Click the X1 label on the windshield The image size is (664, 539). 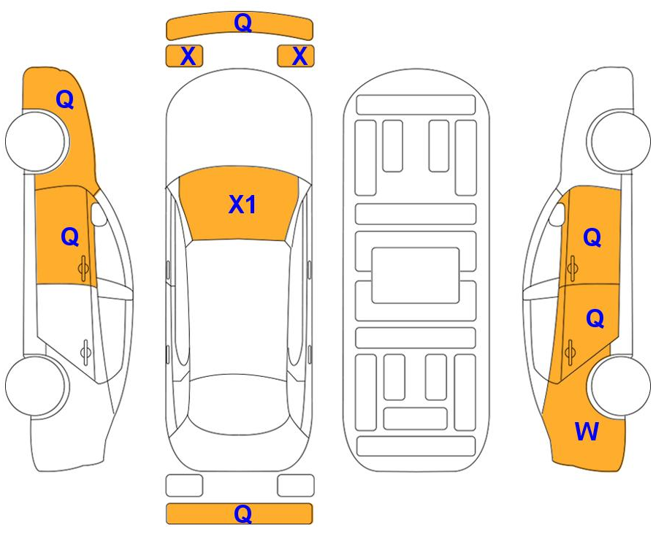[243, 204]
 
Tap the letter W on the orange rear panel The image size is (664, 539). [587, 432]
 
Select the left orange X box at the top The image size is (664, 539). [184, 56]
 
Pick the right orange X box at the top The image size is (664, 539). [296, 56]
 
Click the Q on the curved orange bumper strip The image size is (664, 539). [243, 23]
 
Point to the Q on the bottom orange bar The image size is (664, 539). [243, 513]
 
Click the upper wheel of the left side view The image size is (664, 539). [37, 142]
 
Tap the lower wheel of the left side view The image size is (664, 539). [37, 386]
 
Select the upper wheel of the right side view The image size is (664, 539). [619, 142]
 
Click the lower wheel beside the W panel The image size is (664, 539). [619, 386]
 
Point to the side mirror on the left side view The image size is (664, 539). [99, 215]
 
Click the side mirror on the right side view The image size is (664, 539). [557, 215]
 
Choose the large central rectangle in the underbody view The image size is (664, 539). [416, 275]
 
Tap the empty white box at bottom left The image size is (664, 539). [184, 485]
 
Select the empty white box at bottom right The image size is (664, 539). [296, 485]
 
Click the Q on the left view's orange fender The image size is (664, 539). [65, 100]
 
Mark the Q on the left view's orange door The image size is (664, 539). [70, 236]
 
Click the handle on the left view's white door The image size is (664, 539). [85, 352]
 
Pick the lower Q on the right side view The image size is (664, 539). [595, 318]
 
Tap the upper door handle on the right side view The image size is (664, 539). [573, 268]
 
